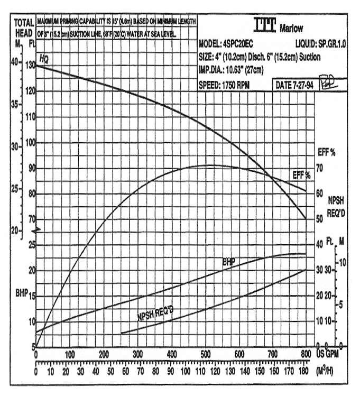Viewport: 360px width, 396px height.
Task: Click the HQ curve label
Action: click(44, 59)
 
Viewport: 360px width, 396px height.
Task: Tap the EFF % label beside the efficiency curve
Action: click(302, 174)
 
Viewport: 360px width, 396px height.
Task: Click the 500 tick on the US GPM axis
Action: click(272, 354)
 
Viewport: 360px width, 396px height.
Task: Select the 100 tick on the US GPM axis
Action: click(70, 354)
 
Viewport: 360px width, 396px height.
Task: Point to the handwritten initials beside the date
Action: click(327, 83)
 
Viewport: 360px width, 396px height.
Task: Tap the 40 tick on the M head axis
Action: click(15, 62)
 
